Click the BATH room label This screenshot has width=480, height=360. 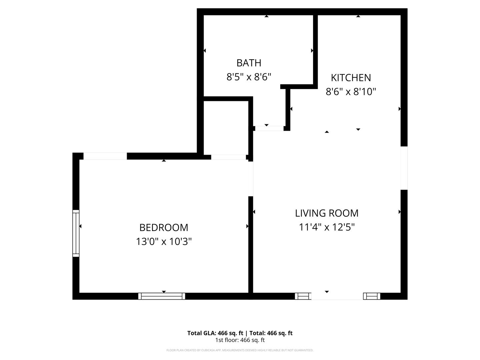point(249,63)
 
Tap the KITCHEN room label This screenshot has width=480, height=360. point(351,78)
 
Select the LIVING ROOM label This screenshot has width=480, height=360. point(327,213)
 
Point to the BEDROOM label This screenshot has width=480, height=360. point(164,228)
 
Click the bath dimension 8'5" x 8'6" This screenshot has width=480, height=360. point(249,77)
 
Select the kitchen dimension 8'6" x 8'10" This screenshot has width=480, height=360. point(351,92)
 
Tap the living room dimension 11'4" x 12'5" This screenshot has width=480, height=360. point(327,227)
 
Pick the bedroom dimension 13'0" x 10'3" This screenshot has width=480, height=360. point(164,242)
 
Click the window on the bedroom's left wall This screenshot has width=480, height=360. point(76,233)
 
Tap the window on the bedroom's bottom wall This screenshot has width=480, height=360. point(162,296)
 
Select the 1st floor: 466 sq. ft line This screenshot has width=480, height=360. point(240,340)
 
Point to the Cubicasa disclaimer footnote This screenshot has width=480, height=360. point(240,350)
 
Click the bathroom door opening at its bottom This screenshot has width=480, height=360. point(269,128)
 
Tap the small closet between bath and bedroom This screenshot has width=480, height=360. point(226,127)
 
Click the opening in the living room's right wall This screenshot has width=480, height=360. point(404,168)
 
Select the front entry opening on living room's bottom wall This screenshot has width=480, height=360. point(337,296)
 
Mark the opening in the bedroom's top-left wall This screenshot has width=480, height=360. point(105,156)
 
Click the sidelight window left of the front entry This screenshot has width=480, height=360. point(303,296)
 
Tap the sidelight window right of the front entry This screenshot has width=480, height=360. point(372,296)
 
